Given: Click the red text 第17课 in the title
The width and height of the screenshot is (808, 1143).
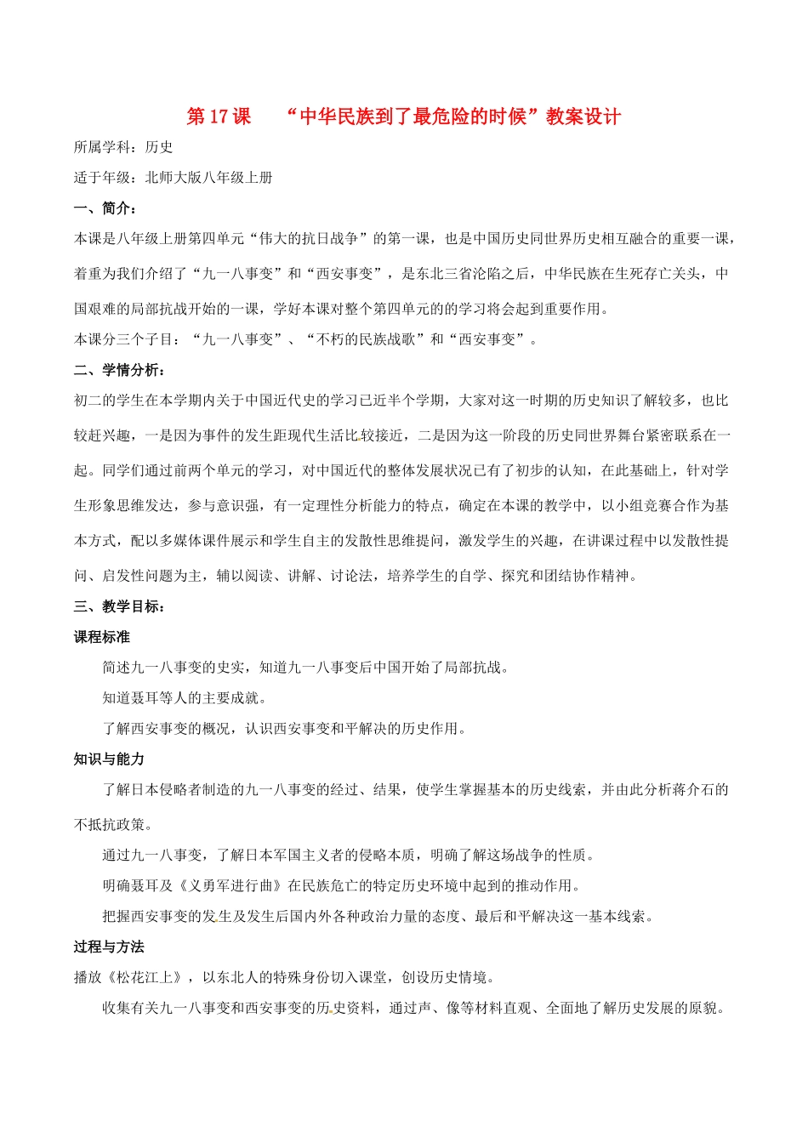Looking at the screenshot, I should pos(219,117).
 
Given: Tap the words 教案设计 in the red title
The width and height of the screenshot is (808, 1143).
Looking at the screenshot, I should pos(583,117).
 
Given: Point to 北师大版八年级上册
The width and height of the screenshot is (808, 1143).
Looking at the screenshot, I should pos(209,178).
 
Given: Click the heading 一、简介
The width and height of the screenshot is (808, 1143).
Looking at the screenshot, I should pos(105,208).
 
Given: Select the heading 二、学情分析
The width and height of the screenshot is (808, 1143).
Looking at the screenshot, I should pos(119,370).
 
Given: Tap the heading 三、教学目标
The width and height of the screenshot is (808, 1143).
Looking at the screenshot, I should pos(119,606).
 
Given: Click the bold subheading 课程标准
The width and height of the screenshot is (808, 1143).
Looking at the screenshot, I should pos(102,637).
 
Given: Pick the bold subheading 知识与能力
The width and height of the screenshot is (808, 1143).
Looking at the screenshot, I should pos(109,759).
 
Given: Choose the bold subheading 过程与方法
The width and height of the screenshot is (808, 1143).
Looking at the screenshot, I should pos(109,947).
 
